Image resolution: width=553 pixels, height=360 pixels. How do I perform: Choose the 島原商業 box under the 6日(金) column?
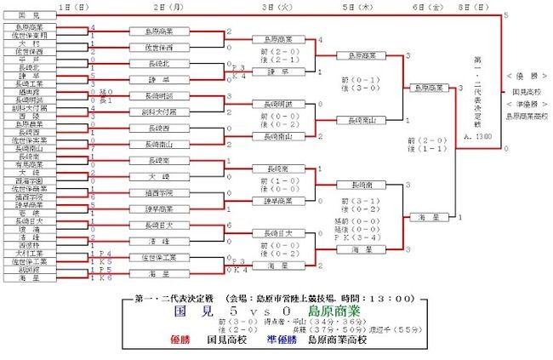click(x=431, y=87)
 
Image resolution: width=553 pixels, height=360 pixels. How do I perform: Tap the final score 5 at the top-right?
click(x=507, y=15)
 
